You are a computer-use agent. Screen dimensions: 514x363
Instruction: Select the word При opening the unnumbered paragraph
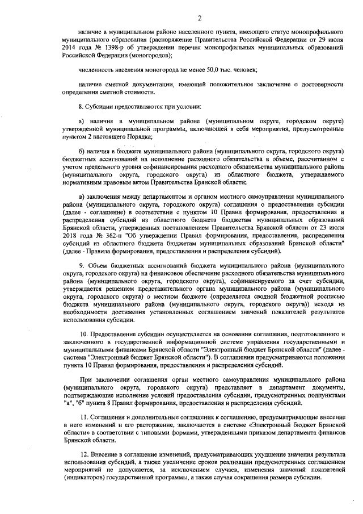pyautogui.click(x=85, y=379)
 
